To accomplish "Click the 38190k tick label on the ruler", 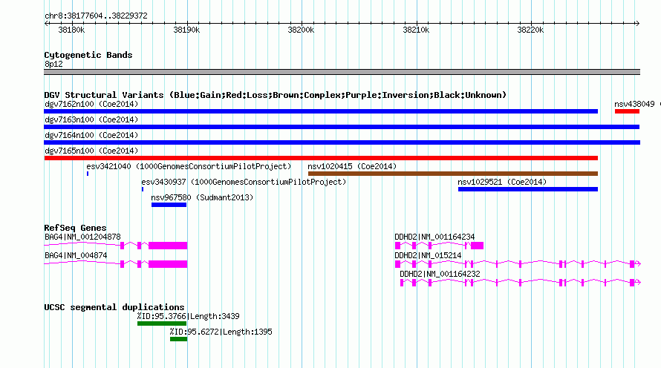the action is tap(186, 30).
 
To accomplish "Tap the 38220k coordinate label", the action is tap(530, 30).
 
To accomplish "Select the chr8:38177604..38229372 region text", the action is tap(96, 16).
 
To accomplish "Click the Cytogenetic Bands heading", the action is tap(88, 55).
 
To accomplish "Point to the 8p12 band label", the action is tap(53, 64).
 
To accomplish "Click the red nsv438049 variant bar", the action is tap(627, 111).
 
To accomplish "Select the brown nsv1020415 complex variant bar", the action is tap(453, 174).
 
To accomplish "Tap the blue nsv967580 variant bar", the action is tap(169, 205).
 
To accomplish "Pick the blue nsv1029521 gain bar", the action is tap(528, 189).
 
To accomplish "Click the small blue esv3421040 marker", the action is tap(88, 174).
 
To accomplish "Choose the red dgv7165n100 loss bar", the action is tap(321, 158).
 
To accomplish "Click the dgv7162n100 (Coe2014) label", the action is tap(91, 104).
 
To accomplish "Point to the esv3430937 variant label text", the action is tap(163, 182).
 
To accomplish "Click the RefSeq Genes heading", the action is tap(75, 228).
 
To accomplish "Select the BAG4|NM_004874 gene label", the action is tap(76, 255).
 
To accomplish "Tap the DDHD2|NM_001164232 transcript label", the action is tap(440, 274).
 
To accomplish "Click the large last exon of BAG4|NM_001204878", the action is tap(168, 246).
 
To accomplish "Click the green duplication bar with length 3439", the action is tap(162, 323).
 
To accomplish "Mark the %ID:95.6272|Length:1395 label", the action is tap(221, 332).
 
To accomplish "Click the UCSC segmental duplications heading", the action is tap(114, 307).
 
